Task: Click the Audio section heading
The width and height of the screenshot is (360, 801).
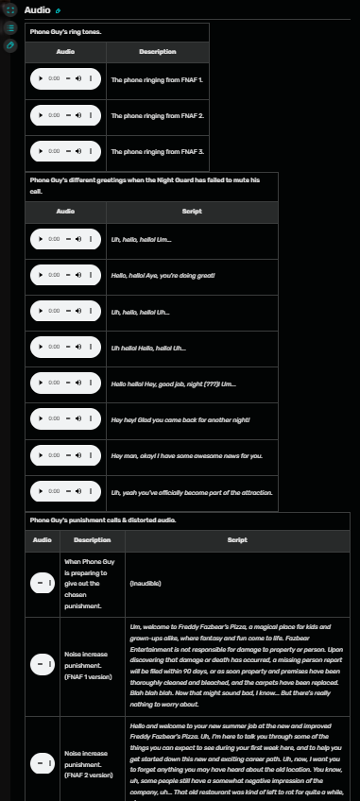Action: [38, 9]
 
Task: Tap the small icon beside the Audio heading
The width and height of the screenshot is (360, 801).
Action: [58, 10]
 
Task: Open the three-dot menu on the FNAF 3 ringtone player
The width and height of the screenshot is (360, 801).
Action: [91, 151]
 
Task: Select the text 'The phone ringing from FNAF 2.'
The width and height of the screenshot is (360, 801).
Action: [157, 115]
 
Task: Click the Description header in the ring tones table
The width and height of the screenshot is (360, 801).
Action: [157, 51]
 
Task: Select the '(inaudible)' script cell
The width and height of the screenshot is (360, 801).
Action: [145, 583]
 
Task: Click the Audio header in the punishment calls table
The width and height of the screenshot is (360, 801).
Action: [43, 540]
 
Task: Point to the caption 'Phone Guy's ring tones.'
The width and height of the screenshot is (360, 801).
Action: [65, 31]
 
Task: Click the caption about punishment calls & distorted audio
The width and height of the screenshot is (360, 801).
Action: [102, 520]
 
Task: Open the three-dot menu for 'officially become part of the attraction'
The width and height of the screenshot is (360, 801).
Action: [91, 492]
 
